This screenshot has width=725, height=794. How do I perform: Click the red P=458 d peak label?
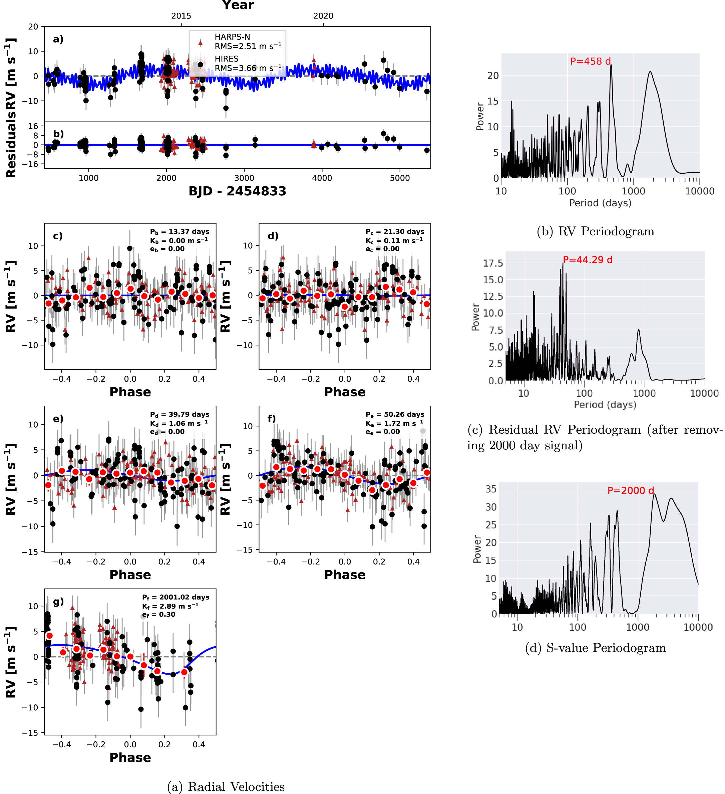pos(591,61)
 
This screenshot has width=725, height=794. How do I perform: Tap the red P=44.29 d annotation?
pos(588,260)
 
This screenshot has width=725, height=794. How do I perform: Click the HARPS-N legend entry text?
pos(232,37)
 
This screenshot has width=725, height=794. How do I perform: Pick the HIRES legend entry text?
pos(226,59)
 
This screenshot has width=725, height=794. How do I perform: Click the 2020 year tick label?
pos(323,16)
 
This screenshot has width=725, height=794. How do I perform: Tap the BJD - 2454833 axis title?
pos(237,191)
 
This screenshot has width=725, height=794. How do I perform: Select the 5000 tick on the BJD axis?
pos(400,178)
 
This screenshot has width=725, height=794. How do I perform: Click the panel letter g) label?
pos(58,602)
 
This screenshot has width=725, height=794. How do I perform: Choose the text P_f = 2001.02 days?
pos(176,597)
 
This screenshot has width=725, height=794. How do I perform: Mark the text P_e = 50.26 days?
pos(395,414)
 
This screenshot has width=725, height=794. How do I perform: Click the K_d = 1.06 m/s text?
pos(179,423)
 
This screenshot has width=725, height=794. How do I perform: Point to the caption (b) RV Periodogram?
pos(595,231)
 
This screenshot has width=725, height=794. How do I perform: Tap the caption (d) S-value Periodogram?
pos(595,648)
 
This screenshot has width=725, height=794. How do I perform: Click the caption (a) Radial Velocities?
pos(226,787)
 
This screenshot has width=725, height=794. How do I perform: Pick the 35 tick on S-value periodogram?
pos(491,489)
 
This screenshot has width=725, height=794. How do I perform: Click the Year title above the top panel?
pos(238,5)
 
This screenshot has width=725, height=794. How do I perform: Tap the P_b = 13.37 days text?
pos(180,232)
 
